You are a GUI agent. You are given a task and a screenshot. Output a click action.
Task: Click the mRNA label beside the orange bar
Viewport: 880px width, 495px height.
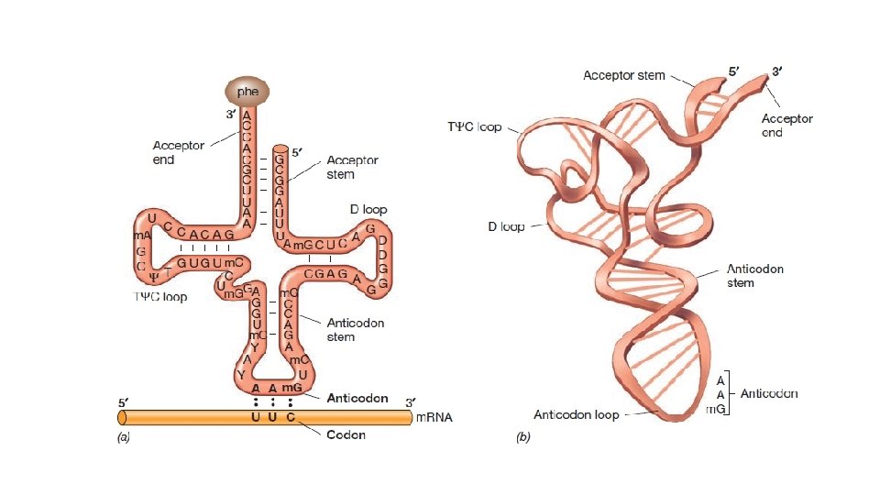(x=435, y=418)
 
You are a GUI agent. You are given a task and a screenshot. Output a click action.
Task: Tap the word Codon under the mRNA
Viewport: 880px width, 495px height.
(x=346, y=434)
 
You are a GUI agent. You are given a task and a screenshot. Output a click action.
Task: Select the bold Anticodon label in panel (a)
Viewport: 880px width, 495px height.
(x=357, y=400)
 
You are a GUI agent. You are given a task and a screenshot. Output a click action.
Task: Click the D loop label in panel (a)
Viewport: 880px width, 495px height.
(x=368, y=209)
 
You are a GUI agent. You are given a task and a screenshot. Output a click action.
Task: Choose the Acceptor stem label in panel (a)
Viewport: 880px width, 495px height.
(x=353, y=167)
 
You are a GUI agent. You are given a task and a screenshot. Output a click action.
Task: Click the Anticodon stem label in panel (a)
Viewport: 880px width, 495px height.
(x=356, y=330)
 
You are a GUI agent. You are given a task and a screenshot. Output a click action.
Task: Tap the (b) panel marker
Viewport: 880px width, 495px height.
(x=523, y=437)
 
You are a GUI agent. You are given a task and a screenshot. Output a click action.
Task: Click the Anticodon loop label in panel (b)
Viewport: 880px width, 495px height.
(x=577, y=414)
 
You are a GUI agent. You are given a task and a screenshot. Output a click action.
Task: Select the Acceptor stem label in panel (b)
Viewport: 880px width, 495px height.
(x=624, y=75)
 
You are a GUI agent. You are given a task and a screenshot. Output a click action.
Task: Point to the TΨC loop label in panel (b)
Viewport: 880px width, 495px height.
(x=474, y=126)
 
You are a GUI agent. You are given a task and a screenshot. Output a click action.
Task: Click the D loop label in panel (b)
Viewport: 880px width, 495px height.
(x=506, y=226)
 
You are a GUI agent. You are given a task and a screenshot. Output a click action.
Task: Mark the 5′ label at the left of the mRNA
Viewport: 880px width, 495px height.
(x=123, y=402)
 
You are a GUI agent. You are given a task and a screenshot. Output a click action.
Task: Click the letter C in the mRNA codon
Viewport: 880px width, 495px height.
(x=291, y=418)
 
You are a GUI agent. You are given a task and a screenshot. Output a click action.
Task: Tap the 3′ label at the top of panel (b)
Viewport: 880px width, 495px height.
(x=776, y=70)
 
